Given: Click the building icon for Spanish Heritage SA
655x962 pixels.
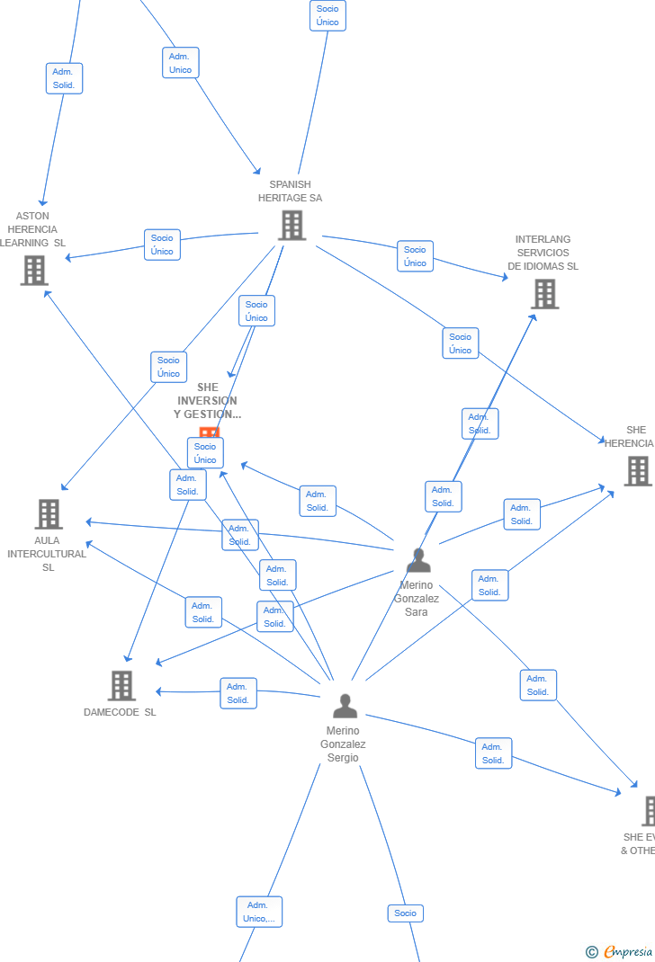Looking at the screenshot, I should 292,225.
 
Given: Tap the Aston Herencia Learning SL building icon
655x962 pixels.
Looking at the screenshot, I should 34,270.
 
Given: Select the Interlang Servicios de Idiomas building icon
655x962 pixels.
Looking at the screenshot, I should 544,293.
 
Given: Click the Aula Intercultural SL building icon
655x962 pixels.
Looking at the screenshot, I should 49,514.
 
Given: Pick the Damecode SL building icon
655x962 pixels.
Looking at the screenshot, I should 121,685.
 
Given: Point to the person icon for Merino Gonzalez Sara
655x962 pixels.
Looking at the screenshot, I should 418,560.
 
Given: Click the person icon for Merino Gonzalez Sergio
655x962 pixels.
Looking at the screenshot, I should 345,706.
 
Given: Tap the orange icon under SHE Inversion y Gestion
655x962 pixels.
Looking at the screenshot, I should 209,432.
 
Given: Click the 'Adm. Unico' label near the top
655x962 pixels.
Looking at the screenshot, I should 180,63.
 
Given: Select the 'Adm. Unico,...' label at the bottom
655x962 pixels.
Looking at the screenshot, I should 259,912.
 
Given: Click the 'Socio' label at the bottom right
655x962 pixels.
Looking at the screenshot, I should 405,913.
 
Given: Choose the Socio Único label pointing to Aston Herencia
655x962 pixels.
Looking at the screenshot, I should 162,245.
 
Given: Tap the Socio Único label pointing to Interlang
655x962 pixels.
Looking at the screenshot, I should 415,256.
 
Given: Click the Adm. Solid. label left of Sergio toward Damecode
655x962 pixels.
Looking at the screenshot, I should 238,693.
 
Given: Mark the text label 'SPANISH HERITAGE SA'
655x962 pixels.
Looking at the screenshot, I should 290,191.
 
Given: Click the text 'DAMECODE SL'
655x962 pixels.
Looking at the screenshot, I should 120,712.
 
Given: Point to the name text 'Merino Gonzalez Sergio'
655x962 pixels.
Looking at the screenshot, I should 343,744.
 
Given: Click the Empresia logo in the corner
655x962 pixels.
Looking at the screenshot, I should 621,951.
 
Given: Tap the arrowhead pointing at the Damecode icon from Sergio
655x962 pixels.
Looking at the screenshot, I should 158,691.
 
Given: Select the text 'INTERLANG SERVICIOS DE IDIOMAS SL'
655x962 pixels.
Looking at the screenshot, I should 543,253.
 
